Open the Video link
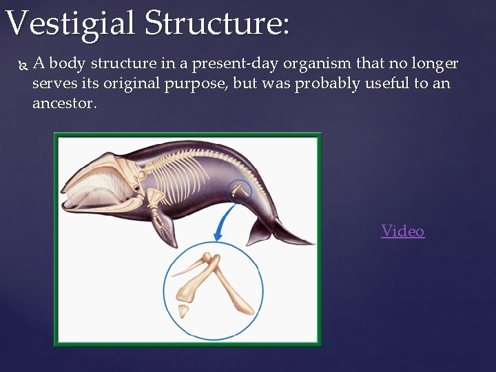(403, 231)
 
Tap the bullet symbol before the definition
(20, 65)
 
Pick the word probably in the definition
(293, 84)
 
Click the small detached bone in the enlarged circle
(184, 310)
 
